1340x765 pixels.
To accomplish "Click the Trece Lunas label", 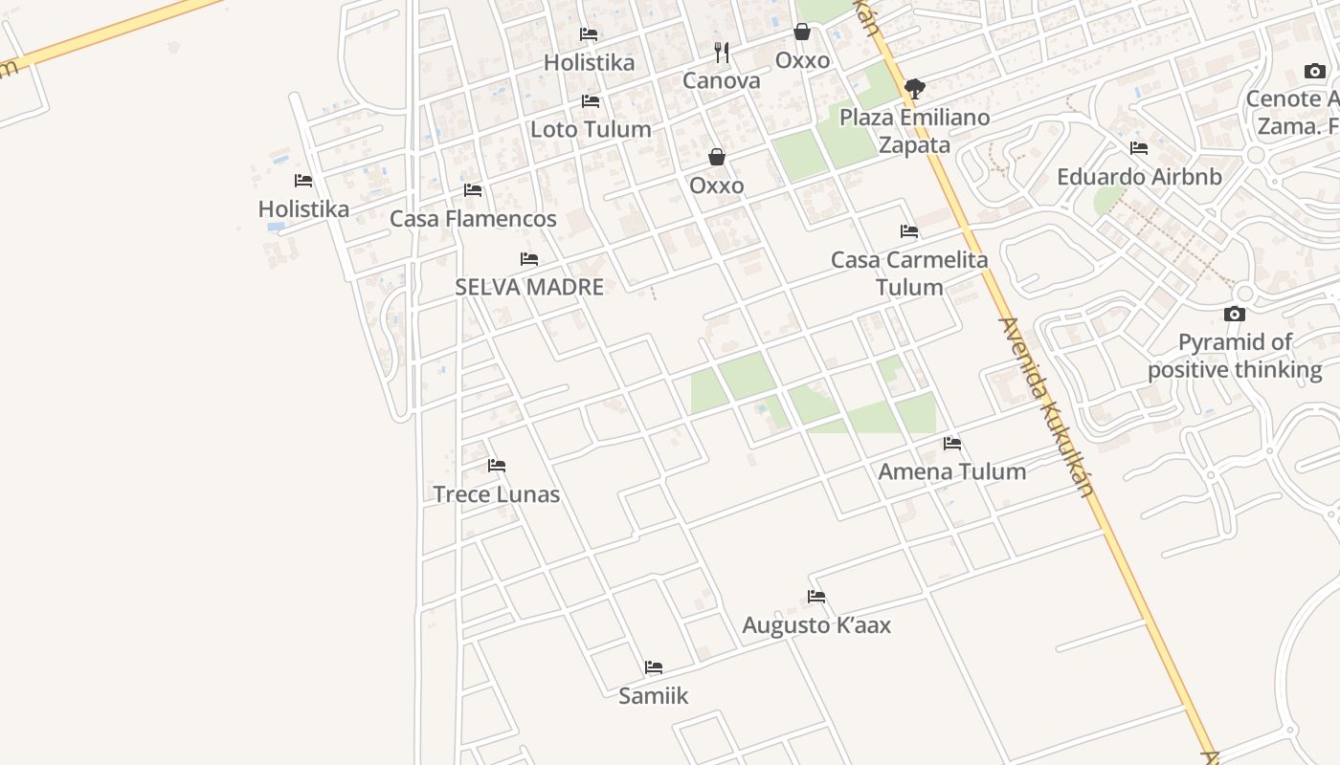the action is point(496,494).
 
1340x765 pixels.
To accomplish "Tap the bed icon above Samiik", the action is point(654,667).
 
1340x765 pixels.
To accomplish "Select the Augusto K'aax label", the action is point(816,625).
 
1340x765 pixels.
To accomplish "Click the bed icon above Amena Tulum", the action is point(952,444).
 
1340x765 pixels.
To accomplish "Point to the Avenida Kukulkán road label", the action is point(1045,406).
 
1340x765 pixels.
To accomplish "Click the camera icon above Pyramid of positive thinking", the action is point(1235,314).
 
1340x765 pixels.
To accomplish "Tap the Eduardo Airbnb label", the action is point(1139,177).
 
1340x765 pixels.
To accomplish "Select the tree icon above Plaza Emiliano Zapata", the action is point(915,89).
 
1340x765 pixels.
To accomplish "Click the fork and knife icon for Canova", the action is point(722,53).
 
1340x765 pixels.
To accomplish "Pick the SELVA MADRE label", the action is point(529,287).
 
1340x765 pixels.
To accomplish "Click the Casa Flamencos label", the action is point(473,219).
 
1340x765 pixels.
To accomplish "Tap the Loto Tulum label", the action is point(591,129).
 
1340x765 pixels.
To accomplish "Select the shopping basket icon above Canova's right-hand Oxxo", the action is point(802,33).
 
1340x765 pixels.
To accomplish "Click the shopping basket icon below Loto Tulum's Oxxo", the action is point(716,157).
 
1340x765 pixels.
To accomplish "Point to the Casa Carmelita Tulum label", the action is point(908,273).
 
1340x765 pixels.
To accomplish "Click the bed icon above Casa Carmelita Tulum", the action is point(909,231).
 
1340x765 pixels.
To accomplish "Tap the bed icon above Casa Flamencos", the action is point(473,190).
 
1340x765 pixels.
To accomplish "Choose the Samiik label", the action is point(653,696).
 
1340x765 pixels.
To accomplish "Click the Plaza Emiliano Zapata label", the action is point(914,131).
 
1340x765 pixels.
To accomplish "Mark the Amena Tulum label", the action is point(951,471).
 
